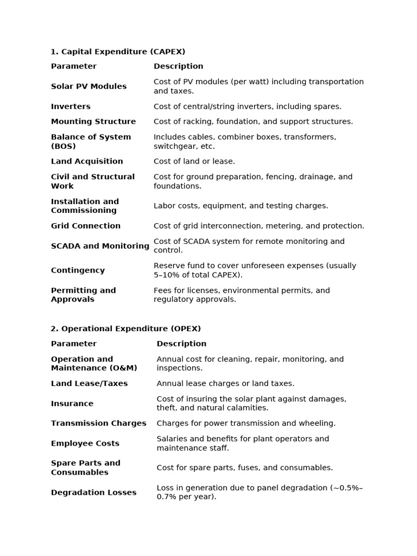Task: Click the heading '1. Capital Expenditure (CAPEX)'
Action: coord(118,52)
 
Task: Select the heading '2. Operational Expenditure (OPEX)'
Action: coord(126,328)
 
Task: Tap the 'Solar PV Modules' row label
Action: coord(89,86)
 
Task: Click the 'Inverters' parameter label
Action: coord(71,106)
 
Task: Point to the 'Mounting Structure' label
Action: coord(93,122)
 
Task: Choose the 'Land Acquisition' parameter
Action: coord(87,161)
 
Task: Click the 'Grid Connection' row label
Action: coord(86,226)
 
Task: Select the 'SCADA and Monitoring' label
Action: coord(100,246)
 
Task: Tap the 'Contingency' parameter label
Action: coord(78,270)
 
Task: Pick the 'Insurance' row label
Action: coord(72,403)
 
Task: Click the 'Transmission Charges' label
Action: coord(99,424)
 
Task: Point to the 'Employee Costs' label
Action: coord(85,444)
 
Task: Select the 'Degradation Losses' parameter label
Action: coord(94,492)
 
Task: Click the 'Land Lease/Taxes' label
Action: coord(90,383)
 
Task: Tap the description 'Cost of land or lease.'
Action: coord(194,161)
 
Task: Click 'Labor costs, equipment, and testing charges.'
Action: coord(241,206)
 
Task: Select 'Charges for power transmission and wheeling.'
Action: coord(246,424)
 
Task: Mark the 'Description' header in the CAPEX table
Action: coord(179,66)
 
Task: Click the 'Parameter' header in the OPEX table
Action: coord(74,344)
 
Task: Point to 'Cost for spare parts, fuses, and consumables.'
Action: coord(245,467)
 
